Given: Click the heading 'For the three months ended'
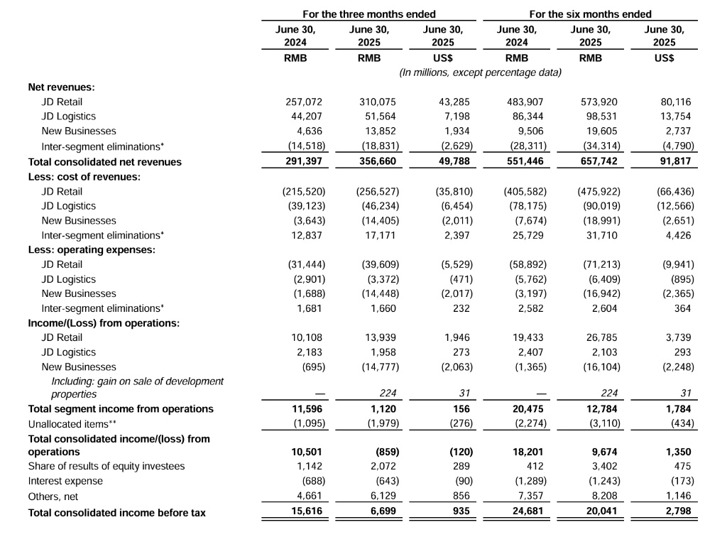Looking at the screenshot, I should pos(369,14).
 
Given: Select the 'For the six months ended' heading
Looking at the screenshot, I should pos(590,14).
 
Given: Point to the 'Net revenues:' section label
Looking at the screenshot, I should pos(61,87).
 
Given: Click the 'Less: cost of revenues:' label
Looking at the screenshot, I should pos(84,176).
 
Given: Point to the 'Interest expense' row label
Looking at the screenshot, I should pos(65,481).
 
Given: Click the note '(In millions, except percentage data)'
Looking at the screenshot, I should pos(480,72).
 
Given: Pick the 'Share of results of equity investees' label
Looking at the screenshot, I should pos(106,466).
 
